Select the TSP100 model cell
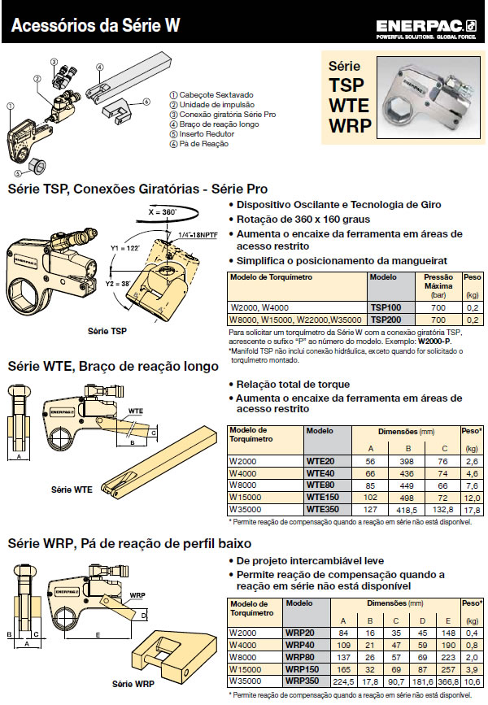click(x=387, y=309)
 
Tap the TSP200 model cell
click(x=387, y=320)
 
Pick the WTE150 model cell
click(x=322, y=496)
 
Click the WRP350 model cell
click(x=322, y=680)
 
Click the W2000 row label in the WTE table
click(x=244, y=460)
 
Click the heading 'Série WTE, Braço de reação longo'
click(x=112, y=367)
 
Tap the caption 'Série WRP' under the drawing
click(x=133, y=683)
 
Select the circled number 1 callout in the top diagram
click(x=11, y=105)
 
